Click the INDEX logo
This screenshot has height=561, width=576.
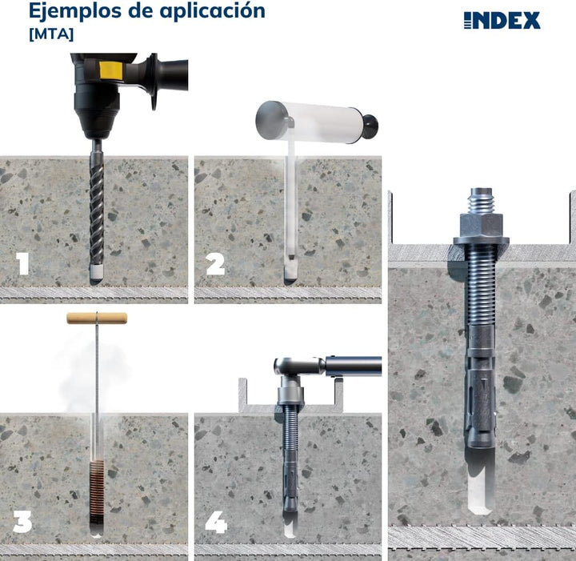[502, 20]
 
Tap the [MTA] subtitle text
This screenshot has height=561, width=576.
[50, 34]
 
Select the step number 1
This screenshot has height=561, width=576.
[23, 264]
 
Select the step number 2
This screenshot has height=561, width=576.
[215, 264]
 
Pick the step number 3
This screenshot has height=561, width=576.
[22, 522]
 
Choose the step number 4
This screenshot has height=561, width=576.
[215, 522]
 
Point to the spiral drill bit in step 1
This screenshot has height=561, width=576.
[97, 208]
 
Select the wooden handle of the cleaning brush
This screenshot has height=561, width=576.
[97, 318]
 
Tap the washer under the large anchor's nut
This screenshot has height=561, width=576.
[480, 239]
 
